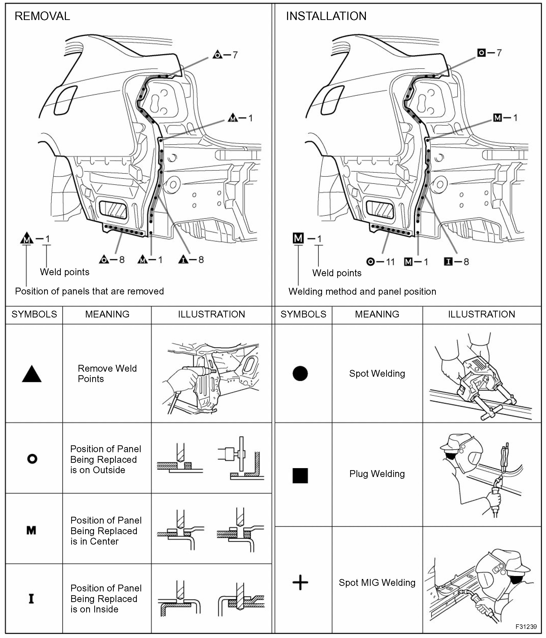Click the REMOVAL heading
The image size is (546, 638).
coord(42,16)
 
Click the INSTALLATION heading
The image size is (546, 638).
coord(326,16)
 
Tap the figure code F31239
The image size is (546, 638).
coord(526,627)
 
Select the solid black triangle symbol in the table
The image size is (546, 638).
coord(32,374)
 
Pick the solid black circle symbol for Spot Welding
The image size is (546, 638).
coord(300,373)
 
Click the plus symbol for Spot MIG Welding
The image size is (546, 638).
coord(300,583)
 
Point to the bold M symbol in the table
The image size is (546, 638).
coord(31,530)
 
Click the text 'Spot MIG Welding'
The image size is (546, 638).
coord(377,583)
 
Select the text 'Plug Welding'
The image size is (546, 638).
coord(377,474)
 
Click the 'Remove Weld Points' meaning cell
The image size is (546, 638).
coord(107,373)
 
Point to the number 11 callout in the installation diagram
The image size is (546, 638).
coord(390,262)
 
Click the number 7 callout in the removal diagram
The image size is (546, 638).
coord(235,55)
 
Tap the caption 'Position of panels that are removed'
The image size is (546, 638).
coord(89,291)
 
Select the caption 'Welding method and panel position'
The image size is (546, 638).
coord(362,292)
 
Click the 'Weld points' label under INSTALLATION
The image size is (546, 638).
coord(337,273)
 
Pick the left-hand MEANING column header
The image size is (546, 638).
coord(107,314)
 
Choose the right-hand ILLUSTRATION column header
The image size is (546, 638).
coord(481,314)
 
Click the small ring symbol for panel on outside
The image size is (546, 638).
coord(32,459)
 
